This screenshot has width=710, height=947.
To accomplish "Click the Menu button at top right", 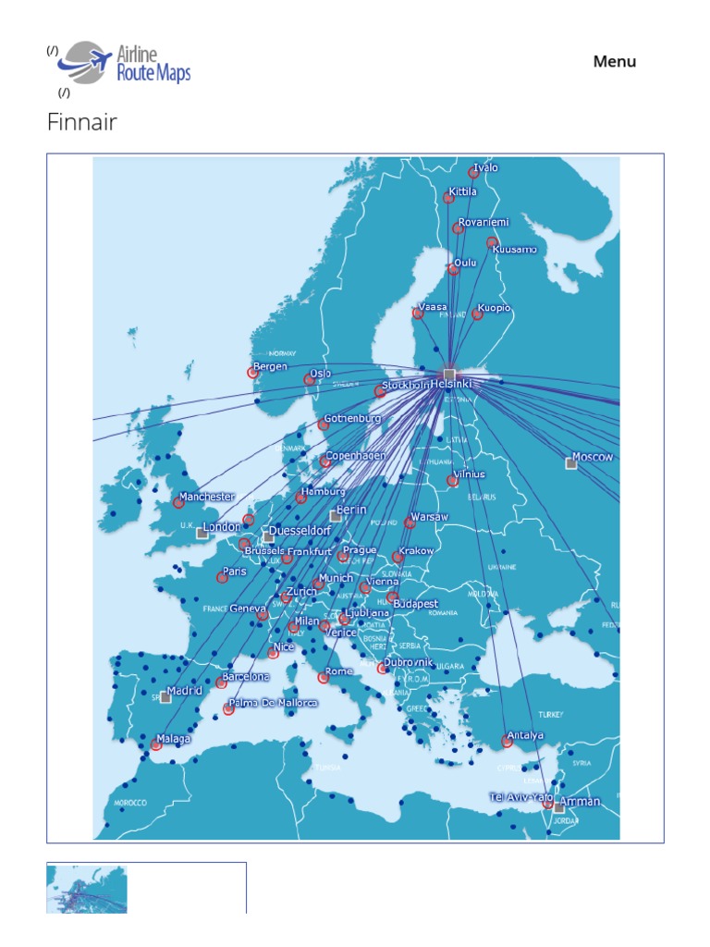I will [x=615, y=62].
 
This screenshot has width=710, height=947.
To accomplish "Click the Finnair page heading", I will [x=82, y=122].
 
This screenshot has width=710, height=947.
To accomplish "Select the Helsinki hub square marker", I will [x=449, y=375].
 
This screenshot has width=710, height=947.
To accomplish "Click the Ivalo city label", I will [x=486, y=168].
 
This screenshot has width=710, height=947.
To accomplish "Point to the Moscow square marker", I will [x=571, y=463].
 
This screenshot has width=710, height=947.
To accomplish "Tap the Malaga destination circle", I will [x=156, y=744].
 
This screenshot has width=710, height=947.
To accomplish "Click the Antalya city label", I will [x=525, y=735].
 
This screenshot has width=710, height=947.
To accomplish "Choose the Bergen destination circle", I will [x=252, y=373].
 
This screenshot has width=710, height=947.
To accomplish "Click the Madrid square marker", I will [x=165, y=697].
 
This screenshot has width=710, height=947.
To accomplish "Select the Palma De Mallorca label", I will [x=273, y=703].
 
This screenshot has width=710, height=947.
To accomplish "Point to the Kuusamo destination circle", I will [x=493, y=242].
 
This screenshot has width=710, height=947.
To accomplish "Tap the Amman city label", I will [x=581, y=801].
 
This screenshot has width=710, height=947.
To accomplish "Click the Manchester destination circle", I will [x=178, y=503].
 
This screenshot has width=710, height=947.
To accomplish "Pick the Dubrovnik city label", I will [x=409, y=662].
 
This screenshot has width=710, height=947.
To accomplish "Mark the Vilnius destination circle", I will [x=452, y=480].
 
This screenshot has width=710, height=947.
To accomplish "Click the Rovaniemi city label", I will [x=484, y=223].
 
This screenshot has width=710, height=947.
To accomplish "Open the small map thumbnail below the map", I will [x=87, y=889].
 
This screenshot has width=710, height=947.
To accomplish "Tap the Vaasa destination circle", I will [x=418, y=314].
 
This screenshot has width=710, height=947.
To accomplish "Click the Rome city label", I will [x=339, y=670].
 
